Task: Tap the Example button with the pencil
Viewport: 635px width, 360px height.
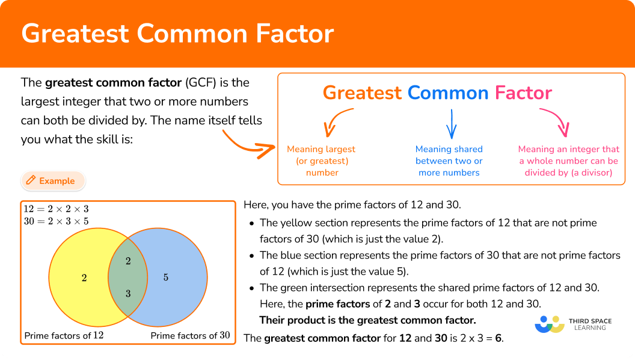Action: tap(53, 181)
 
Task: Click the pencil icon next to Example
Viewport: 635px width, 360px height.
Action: tap(31, 180)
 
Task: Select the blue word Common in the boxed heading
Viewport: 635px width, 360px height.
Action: tap(448, 93)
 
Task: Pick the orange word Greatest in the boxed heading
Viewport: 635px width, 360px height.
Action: tap(362, 93)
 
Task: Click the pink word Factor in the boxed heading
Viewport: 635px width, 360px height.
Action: tap(523, 93)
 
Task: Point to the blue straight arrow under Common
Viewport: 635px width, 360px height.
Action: tap(451, 124)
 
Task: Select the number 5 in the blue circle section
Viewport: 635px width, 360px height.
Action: tap(165, 278)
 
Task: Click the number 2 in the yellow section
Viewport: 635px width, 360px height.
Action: tap(84, 278)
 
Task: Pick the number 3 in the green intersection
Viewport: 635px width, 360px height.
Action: tap(128, 293)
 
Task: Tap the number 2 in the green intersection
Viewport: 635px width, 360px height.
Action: tap(128, 261)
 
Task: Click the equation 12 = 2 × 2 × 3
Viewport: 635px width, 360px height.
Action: tap(56, 209)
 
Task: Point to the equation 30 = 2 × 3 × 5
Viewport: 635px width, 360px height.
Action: tap(56, 221)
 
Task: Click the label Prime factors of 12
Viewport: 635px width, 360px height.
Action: tap(64, 336)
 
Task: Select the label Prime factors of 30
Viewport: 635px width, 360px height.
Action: tap(191, 336)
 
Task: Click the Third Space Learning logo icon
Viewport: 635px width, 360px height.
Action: tap(550, 325)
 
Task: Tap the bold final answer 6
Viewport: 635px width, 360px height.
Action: tap(498, 338)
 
